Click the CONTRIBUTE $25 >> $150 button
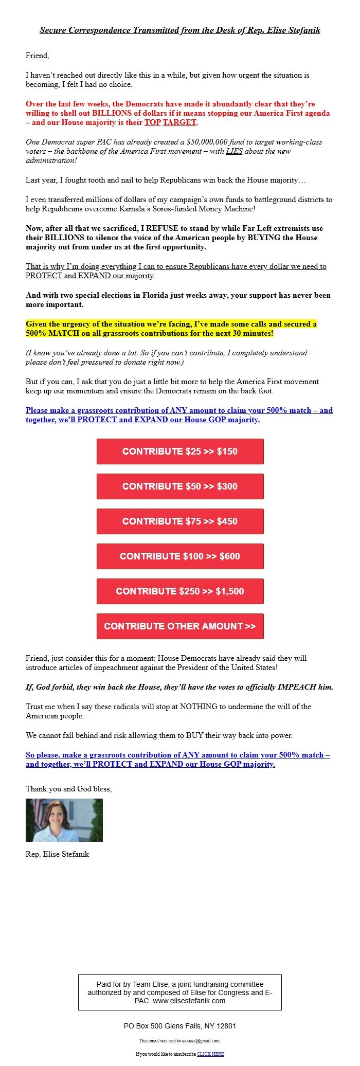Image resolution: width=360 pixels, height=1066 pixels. pyautogui.click(x=180, y=451)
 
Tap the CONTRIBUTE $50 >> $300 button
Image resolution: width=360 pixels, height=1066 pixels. pyautogui.click(x=180, y=486)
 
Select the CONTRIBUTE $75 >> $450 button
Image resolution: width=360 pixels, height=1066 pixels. pyautogui.click(x=180, y=521)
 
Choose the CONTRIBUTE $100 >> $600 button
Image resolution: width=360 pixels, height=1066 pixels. pyautogui.click(x=180, y=556)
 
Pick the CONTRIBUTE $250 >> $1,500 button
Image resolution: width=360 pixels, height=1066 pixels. pyautogui.click(x=180, y=591)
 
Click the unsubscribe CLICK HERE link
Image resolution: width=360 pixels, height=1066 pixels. pyautogui.click(x=210, y=1054)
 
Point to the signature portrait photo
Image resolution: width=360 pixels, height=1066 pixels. pyautogui.click(x=64, y=820)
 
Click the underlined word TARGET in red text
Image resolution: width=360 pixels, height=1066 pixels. pyautogui.click(x=179, y=122)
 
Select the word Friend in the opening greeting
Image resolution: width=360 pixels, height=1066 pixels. pyautogui.click(x=37, y=56)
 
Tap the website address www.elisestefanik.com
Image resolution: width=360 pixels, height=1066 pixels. pyautogui.click(x=189, y=1001)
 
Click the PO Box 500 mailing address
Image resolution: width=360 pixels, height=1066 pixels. pyautogui.click(x=180, y=1026)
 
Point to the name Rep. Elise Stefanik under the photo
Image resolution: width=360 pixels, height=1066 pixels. pyautogui.click(x=58, y=854)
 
